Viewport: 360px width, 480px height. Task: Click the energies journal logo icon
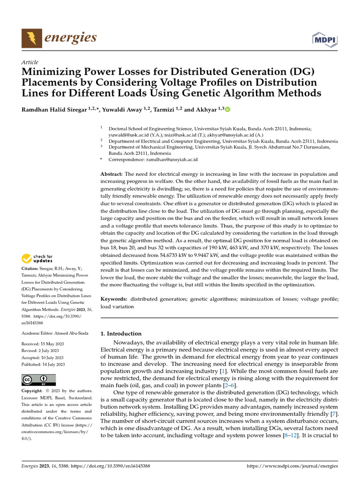(x=30, y=37)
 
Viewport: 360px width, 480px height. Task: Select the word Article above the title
(x=30, y=62)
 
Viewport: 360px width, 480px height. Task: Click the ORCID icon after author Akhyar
(x=228, y=110)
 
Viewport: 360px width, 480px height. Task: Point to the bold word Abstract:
(x=112, y=174)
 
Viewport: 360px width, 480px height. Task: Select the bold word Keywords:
(x=114, y=299)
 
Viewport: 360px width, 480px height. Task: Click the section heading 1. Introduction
(x=121, y=334)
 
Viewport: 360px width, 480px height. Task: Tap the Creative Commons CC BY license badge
(x=38, y=380)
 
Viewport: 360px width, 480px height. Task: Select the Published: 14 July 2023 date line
(x=43, y=364)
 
